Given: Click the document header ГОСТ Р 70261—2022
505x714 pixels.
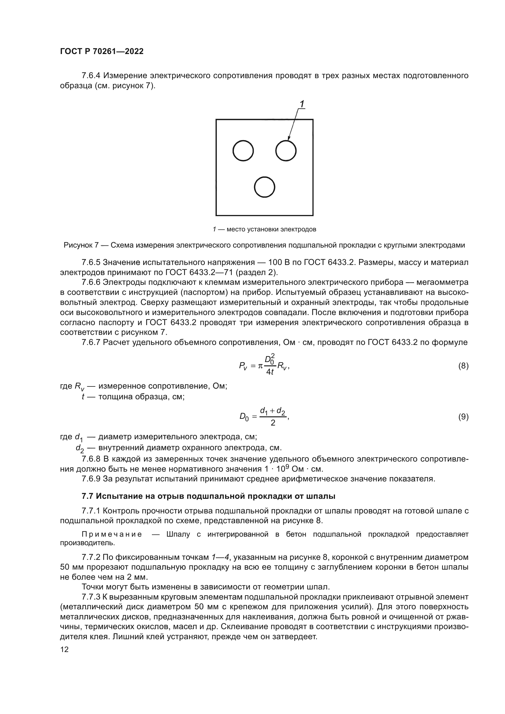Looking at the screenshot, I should pos(102,52).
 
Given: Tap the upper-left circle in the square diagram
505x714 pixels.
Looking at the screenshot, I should pos(243,151).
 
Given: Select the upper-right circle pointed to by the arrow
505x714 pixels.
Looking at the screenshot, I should pos(286,151).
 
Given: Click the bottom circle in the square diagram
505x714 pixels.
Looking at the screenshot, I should pos(264,187).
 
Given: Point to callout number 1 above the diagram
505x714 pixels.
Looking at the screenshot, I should pos(301,103).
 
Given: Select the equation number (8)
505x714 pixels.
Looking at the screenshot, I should pos(463,366).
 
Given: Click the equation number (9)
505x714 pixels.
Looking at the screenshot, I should pos(463,417).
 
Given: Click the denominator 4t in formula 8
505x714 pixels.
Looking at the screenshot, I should pos(270,372).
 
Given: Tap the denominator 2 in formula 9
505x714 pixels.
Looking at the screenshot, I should pos(273,423).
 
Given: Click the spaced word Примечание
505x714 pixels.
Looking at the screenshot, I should pos(112,535).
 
